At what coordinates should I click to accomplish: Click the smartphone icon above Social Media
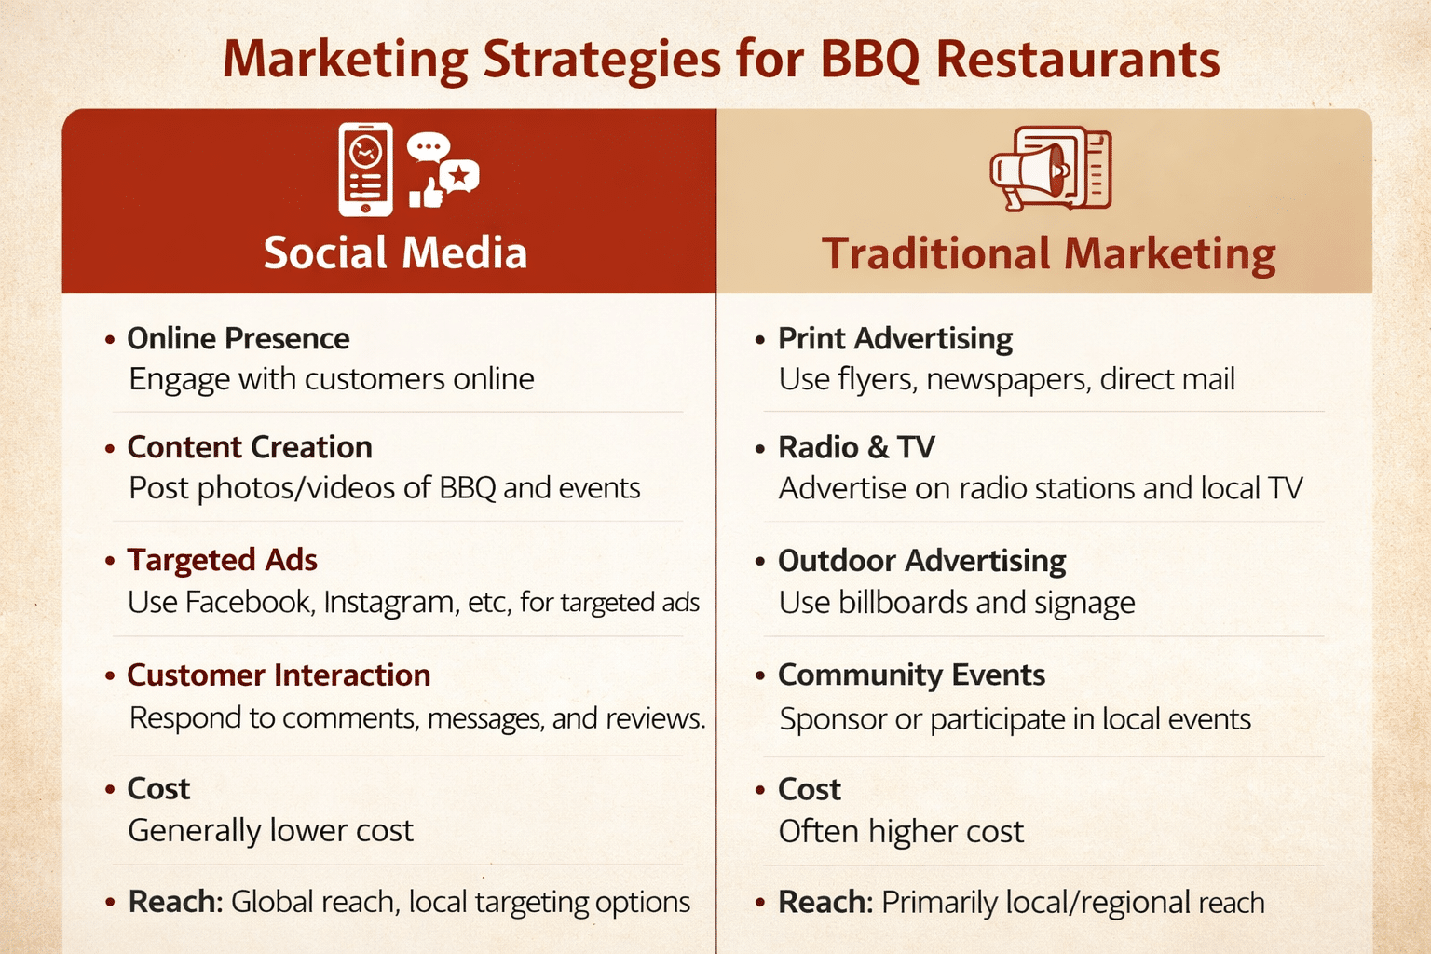click(365, 170)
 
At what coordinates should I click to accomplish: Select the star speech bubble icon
click(459, 175)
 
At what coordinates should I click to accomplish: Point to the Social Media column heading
click(395, 253)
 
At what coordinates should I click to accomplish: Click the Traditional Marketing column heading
click(1048, 254)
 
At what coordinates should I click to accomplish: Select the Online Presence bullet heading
click(238, 338)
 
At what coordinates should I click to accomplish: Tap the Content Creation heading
click(250, 447)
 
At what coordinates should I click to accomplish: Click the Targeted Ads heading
click(222, 560)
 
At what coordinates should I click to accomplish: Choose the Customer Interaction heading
click(279, 675)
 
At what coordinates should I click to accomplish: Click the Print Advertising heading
click(895, 338)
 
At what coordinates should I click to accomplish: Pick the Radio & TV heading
click(856, 447)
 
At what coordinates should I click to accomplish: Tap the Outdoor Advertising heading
click(922, 561)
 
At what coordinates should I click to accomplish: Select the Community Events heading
click(911, 675)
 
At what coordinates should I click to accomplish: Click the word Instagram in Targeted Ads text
click(390, 603)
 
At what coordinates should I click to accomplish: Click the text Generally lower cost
click(270, 830)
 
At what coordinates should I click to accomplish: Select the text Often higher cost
click(901, 831)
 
